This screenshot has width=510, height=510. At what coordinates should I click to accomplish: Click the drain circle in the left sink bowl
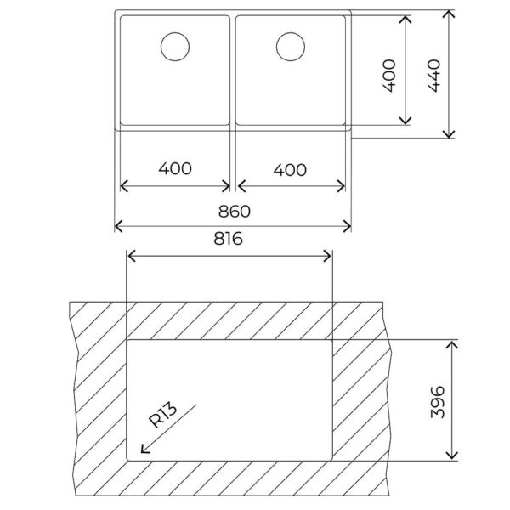pos(175,47)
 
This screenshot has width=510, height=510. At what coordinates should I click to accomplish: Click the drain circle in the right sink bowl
pos(291,47)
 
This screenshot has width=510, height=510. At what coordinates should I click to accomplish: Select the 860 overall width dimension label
pos(235,212)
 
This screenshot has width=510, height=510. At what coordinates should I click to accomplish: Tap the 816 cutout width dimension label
pos(228,238)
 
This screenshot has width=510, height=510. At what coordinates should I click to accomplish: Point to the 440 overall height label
pos(434,76)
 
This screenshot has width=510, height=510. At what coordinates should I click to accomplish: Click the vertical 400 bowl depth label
pos(389,76)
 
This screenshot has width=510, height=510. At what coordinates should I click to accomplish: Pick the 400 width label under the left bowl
pos(175,168)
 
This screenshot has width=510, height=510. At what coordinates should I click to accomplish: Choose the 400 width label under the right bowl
pos(290,170)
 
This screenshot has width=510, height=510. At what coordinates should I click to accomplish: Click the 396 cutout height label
pos(438,402)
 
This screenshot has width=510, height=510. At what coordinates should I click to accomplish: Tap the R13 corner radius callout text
pos(163,415)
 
